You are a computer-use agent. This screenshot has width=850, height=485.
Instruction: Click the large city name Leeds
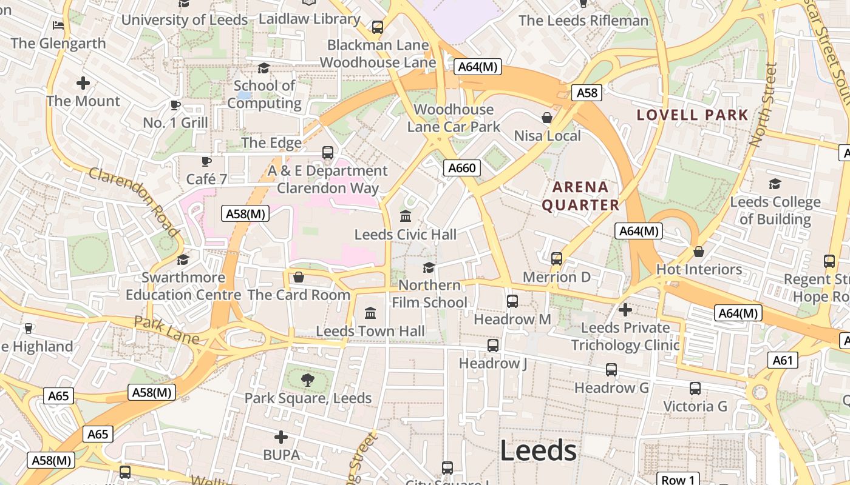point(538,450)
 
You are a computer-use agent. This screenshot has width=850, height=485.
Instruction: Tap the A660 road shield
point(461,168)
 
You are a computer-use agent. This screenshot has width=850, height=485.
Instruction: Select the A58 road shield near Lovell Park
point(587,93)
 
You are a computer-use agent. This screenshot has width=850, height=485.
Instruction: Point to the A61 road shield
point(783,361)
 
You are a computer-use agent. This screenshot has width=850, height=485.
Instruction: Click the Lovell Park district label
point(692,115)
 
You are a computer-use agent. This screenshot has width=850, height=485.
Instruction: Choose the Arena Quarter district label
point(580,196)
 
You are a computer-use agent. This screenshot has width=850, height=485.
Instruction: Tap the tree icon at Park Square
point(308,380)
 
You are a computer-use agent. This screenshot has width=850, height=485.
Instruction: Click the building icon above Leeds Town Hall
point(370,313)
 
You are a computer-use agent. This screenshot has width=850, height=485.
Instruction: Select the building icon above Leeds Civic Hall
point(406,216)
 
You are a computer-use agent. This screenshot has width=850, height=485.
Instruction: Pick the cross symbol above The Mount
point(83,83)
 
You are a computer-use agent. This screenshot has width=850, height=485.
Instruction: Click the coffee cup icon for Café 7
point(206,161)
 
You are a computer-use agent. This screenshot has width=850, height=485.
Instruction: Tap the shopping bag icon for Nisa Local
point(547,118)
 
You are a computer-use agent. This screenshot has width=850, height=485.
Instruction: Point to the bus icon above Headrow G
point(611,369)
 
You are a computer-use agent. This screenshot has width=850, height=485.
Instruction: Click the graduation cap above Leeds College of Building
point(775,184)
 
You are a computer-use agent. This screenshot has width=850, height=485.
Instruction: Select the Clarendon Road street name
point(134,202)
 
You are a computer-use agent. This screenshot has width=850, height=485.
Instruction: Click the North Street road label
point(763,104)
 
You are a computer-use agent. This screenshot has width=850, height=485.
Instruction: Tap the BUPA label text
point(281,455)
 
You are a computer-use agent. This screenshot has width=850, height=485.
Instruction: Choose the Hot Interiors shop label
point(699,269)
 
